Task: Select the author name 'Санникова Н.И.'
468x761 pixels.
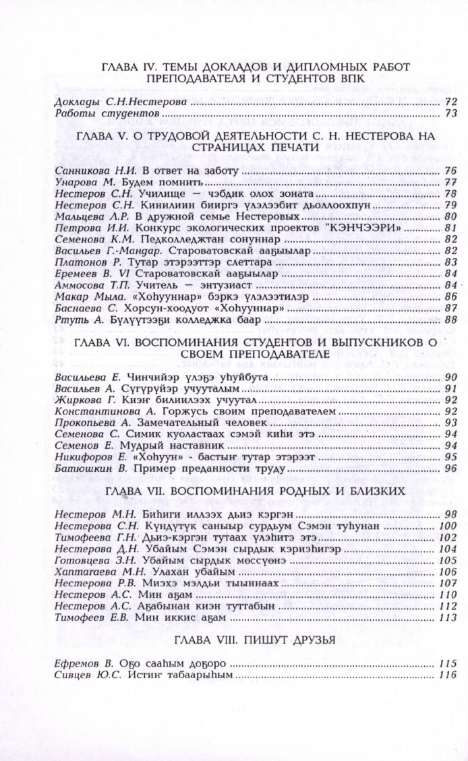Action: (88, 172)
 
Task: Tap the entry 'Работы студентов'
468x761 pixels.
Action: (106, 114)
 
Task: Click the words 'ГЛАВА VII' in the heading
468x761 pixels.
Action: (136, 490)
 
